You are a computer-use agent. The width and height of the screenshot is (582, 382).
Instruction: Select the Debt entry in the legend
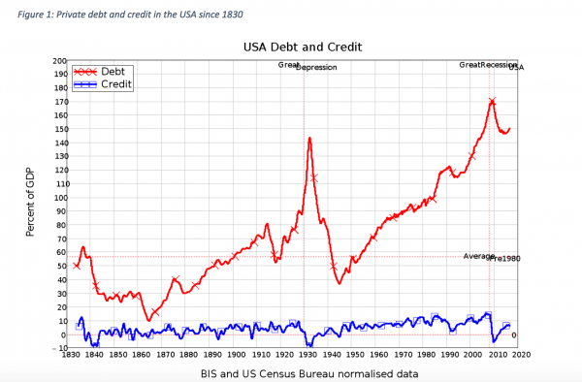pos(113,71)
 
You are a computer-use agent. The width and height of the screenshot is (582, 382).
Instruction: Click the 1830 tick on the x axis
pos(69,357)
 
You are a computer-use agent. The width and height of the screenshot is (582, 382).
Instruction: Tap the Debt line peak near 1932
pos(309,138)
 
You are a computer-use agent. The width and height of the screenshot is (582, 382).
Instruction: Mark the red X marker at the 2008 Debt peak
pos(493,101)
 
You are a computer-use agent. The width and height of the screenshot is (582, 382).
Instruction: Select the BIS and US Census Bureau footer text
pos(297,373)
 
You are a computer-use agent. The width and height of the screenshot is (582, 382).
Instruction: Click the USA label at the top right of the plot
pos(516,68)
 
